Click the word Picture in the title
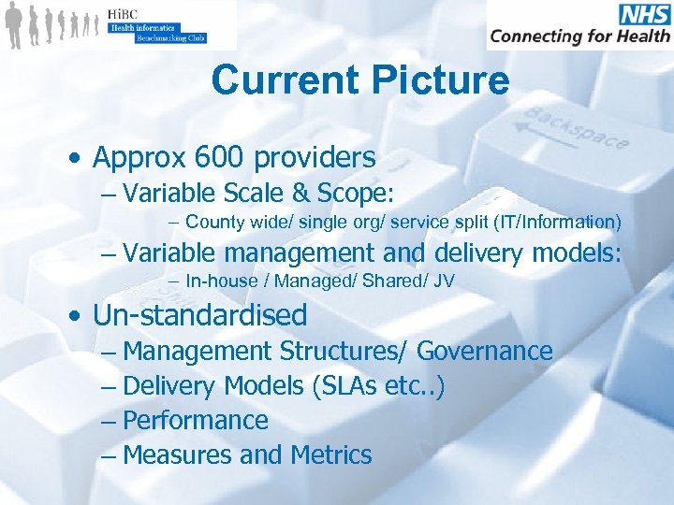439,80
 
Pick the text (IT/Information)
563,222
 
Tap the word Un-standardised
199,314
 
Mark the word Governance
485,352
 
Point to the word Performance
196,421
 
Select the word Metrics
331,455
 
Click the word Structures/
344,352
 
